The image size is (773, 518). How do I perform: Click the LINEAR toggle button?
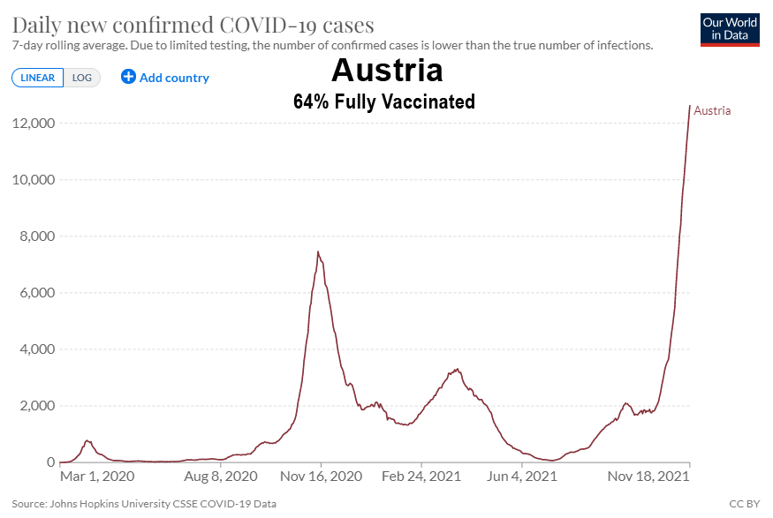[37, 78]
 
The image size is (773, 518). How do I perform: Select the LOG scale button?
[82, 78]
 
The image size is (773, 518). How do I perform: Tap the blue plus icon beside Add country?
[128, 77]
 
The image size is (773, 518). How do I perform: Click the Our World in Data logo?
[729, 29]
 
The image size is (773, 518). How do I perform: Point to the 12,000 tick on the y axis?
[32, 123]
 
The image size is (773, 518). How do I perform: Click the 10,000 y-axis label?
[32, 180]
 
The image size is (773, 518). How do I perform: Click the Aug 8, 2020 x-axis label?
[221, 477]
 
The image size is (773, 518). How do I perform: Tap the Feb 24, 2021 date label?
[421, 477]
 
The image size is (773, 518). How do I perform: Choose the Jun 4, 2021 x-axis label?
[524, 477]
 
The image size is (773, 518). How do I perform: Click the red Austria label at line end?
[712, 110]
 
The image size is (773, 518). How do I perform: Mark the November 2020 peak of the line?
[318, 252]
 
